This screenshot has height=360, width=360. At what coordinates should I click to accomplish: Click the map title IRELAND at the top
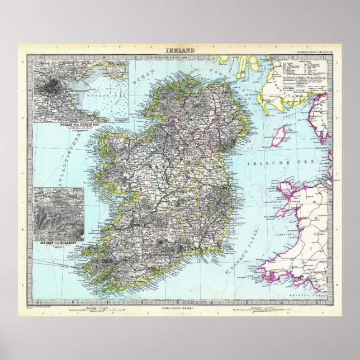coord(180,51)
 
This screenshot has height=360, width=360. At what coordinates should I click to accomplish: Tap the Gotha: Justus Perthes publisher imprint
coord(180,305)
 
